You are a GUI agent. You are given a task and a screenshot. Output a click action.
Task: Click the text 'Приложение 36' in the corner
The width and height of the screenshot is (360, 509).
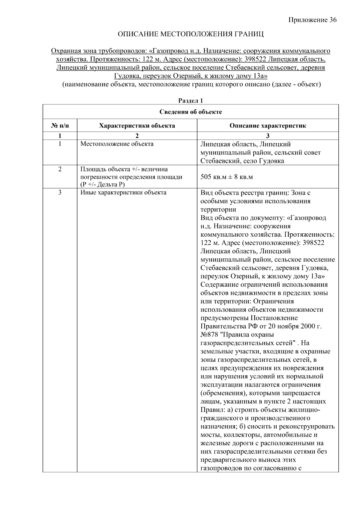coord(312,20)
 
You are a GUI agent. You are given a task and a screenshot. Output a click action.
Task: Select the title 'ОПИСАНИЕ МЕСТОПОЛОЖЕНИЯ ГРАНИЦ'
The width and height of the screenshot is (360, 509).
coord(190,34)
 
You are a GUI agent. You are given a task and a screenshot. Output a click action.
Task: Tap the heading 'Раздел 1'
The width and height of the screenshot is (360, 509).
coord(190,101)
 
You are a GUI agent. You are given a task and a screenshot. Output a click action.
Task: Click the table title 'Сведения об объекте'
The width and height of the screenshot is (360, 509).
coord(190,112)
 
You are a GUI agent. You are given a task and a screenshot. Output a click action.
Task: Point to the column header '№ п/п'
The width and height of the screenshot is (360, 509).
coord(60,126)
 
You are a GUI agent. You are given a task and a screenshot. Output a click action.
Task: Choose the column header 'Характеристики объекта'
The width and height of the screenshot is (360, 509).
coord(137,126)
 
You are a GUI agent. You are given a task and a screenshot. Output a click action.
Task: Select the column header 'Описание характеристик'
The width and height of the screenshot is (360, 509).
coord(268,126)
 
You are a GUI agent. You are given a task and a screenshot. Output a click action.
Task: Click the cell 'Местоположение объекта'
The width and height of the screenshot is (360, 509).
coord(117,144)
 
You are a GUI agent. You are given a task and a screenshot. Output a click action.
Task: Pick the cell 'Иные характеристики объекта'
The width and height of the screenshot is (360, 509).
coord(123,193)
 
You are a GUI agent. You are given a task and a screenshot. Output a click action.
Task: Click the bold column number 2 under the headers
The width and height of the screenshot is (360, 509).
coord(137,136)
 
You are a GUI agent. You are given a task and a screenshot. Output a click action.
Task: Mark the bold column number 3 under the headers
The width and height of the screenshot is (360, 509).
coord(268,136)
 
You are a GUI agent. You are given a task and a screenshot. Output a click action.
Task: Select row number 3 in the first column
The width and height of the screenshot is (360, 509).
coord(60,193)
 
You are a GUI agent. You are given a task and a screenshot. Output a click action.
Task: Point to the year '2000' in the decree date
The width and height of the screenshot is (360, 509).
coord(306,326)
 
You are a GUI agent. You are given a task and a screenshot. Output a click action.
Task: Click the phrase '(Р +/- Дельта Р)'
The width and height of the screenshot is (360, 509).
coord(102,184)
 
